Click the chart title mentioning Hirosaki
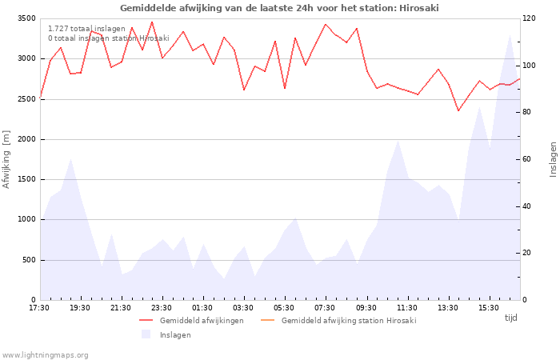[x=279, y=8]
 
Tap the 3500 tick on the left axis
[x=26, y=18]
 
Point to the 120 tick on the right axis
[x=530, y=18]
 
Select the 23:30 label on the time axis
[x=162, y=308]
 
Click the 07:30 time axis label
[x=325, y=308]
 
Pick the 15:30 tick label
[x=488, y=308]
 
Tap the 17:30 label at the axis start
[x=39, y=308]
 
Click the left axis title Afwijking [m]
[x=6, y=159]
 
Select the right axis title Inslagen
[x=553, y=160]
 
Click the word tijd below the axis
[x=510, y=318]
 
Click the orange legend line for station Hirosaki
[x=268, y=320]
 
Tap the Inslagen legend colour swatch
[x=146, y=334]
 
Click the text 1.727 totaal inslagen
[x=86, y=29]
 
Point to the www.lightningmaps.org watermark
[x=45, y=355]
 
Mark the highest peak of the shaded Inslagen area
[x=510, y=34]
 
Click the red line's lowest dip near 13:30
[x=458, y=110]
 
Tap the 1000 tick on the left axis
[x=26, y=220]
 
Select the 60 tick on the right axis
[x=527, y=159]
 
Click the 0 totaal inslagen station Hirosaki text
[x=109, y=38]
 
